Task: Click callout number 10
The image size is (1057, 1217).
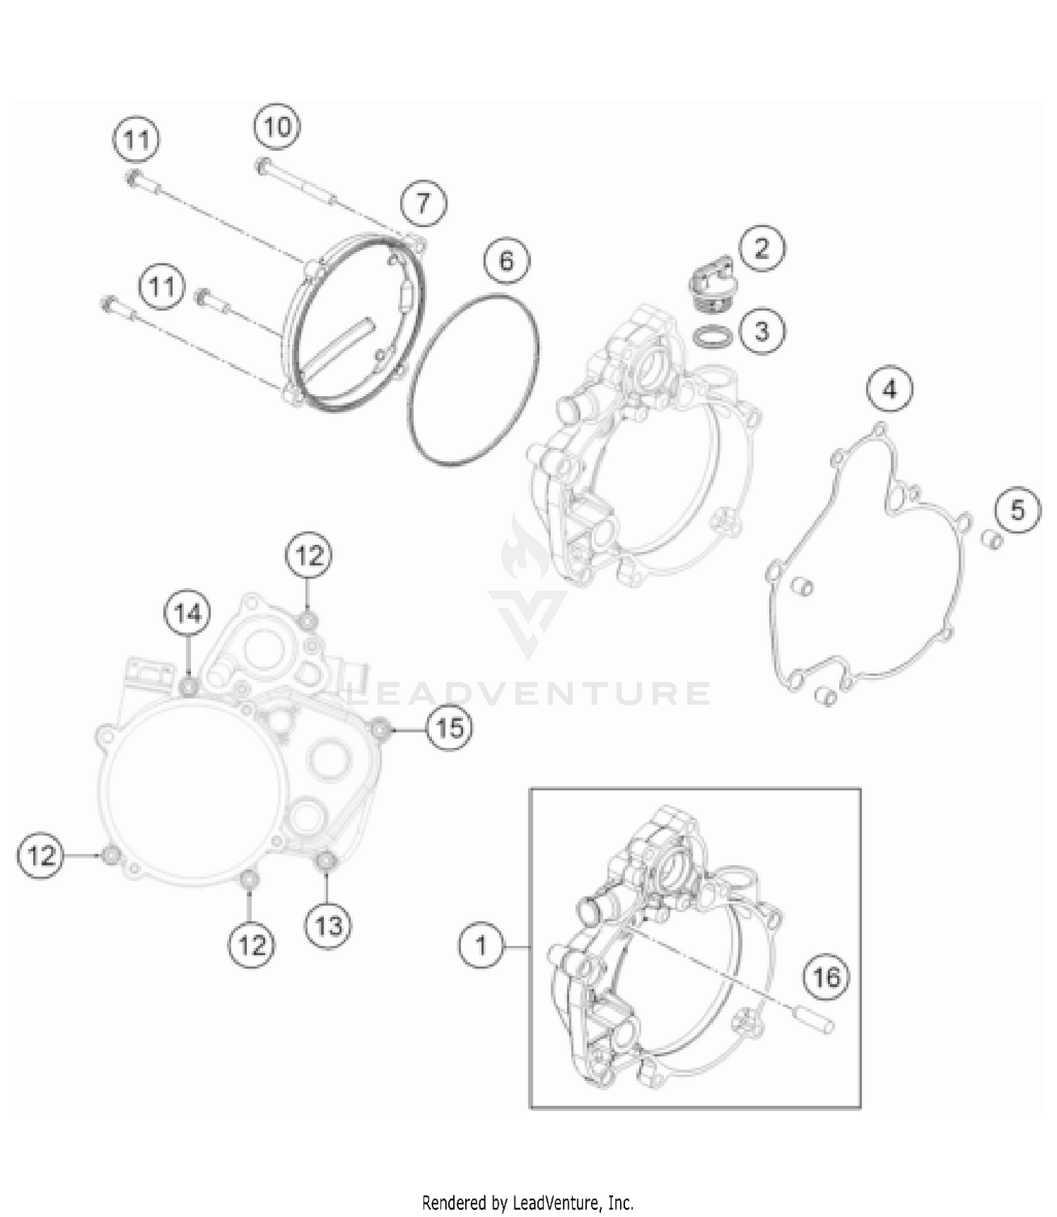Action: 277,127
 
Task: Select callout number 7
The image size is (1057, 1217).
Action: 423,204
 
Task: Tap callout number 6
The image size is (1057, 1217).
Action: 507,261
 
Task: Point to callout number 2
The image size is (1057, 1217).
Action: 761,248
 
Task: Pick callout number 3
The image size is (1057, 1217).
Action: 762,330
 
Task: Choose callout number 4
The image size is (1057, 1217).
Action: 889,389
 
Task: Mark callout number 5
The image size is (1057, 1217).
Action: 1018,510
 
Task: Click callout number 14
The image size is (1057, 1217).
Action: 187,613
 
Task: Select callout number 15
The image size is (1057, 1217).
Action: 450,727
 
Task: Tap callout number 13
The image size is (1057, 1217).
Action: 328,925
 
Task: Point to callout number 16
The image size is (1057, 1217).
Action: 826,977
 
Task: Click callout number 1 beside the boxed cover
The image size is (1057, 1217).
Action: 481,945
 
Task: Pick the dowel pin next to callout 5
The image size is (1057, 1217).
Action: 993,541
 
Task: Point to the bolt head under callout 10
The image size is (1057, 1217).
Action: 263,166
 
